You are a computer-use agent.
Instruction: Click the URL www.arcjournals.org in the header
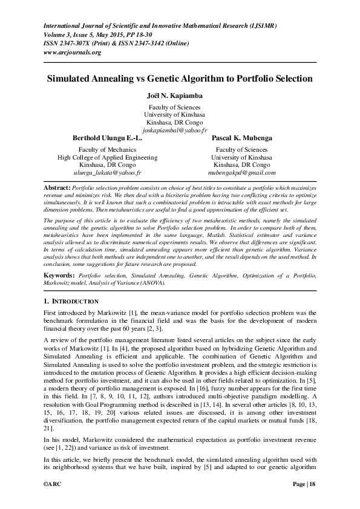click(72, 53)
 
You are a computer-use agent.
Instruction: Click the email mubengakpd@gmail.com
click(242, 172)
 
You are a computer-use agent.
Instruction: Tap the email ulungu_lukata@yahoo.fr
click(107, 172)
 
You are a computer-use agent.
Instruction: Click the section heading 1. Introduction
click(71, 300)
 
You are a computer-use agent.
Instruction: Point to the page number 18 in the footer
click(312, 501)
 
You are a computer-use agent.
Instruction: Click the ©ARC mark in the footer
click(53, 501)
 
